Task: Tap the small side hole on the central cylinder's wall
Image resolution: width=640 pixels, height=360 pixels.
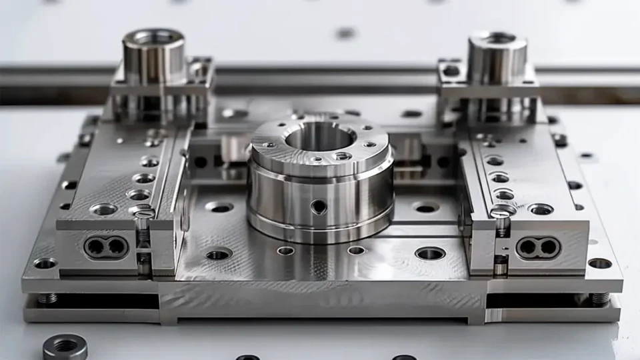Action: pyautogui.click(x=319, y=207)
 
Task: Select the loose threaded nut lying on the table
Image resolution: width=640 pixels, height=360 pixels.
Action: pyautogui.click(x=65, y=347)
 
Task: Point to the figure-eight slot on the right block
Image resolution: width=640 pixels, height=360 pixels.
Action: pyautogui.click(x=537, y=247)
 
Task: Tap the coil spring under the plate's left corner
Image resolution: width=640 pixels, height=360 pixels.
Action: pyautogui.click(x=47, y=297)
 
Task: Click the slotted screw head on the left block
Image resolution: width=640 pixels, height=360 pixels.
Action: pyautogui.click(x=143, y=213)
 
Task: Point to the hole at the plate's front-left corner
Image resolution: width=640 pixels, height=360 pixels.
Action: pyautogui.click(x=45, y=263)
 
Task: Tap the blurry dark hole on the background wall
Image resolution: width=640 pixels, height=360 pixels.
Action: pyautogui.click(x=345, y=33)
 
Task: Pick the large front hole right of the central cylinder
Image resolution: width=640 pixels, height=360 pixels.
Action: pyautogui.click(x=430, y=253)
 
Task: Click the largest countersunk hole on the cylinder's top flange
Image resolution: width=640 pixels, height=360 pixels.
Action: pyautogui.click(x=342, y=155)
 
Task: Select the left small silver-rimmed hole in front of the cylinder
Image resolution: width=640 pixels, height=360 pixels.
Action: pyautogui.click(x=285, y=251)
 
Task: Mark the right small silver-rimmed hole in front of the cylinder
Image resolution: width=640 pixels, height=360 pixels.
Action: pyautogui.click(x=357, y=250)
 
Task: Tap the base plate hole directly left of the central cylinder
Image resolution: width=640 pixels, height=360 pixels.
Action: pyautogui.click(x=219, y=207)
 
